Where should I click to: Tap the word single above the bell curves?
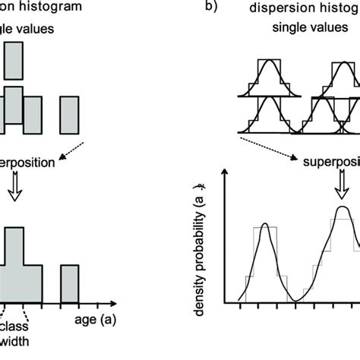pyautogui.click(x=287, y=28)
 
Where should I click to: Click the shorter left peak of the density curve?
pyautogui.click(x=264, y=226)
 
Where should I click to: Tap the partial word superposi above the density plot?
pyautogui.click(x=333, y=163)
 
